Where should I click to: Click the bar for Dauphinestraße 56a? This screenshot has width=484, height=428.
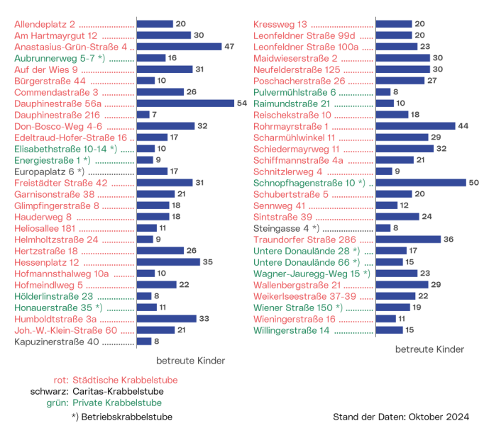(185, 103)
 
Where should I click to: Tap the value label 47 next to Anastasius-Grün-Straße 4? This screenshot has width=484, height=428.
(229, 47)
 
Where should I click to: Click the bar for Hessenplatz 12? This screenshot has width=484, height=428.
(168, 262)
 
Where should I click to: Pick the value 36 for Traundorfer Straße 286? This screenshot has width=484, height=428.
(448, 240)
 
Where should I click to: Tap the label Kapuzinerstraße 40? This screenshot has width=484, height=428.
(57, 342)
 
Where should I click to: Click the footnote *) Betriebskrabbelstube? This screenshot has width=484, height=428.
(121, 417)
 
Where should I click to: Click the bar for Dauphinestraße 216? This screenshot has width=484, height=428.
(143, 115)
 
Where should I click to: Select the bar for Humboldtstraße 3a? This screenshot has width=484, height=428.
(166, 319)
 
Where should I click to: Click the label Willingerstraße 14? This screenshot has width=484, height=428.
(291, 330)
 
